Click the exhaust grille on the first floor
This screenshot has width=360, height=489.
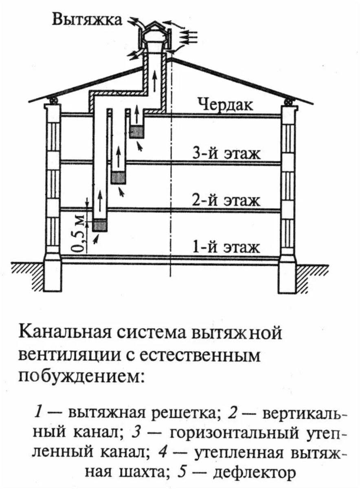(100, 225)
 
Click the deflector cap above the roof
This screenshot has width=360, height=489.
(155, 31)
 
